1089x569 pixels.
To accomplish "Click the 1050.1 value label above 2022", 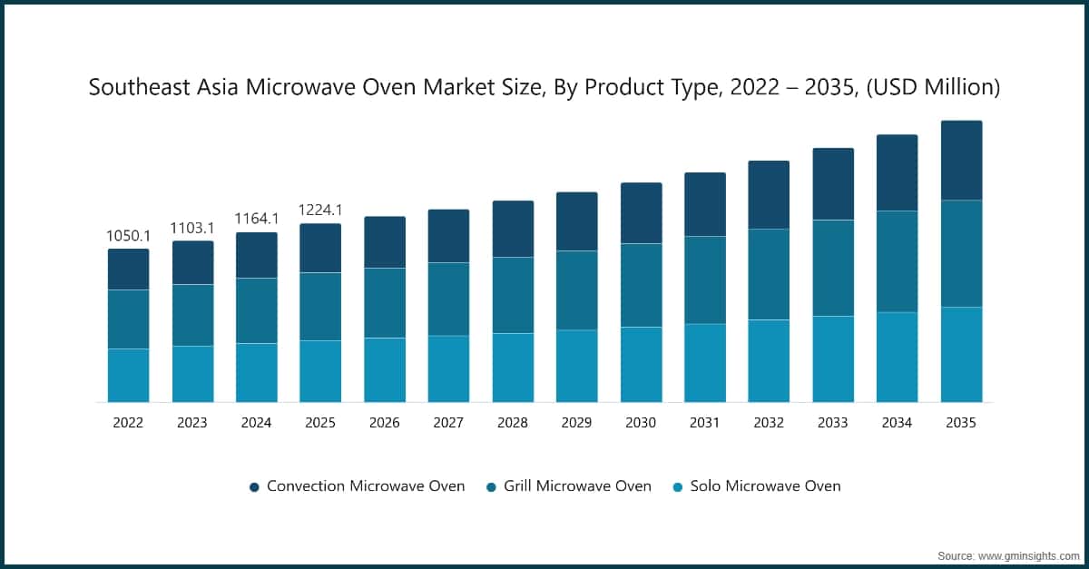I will [128, 236].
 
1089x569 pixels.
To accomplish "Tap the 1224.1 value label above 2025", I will [320, 211].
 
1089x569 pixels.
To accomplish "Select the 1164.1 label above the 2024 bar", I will [257, 219].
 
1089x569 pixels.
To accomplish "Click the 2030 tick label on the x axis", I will [641, 423].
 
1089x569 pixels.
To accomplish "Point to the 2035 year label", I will [961, 423].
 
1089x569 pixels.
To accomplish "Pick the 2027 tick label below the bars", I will [448, 423].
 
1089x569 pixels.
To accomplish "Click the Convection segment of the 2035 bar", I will [961, 160].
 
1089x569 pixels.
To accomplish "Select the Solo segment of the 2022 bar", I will [128, 375].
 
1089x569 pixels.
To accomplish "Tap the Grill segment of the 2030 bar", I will [641, 285].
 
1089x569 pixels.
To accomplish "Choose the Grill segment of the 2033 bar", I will [832, 268].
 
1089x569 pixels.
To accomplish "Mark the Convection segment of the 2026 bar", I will [385, 241].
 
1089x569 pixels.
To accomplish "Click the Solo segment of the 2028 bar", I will [513, 368].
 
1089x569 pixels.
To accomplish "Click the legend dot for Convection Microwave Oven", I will [254, 487].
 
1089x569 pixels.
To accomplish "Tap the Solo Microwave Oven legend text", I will [765, 486].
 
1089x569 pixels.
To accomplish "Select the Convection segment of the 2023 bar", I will [192, 262].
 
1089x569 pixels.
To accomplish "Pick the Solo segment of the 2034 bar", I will [897, 357].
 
